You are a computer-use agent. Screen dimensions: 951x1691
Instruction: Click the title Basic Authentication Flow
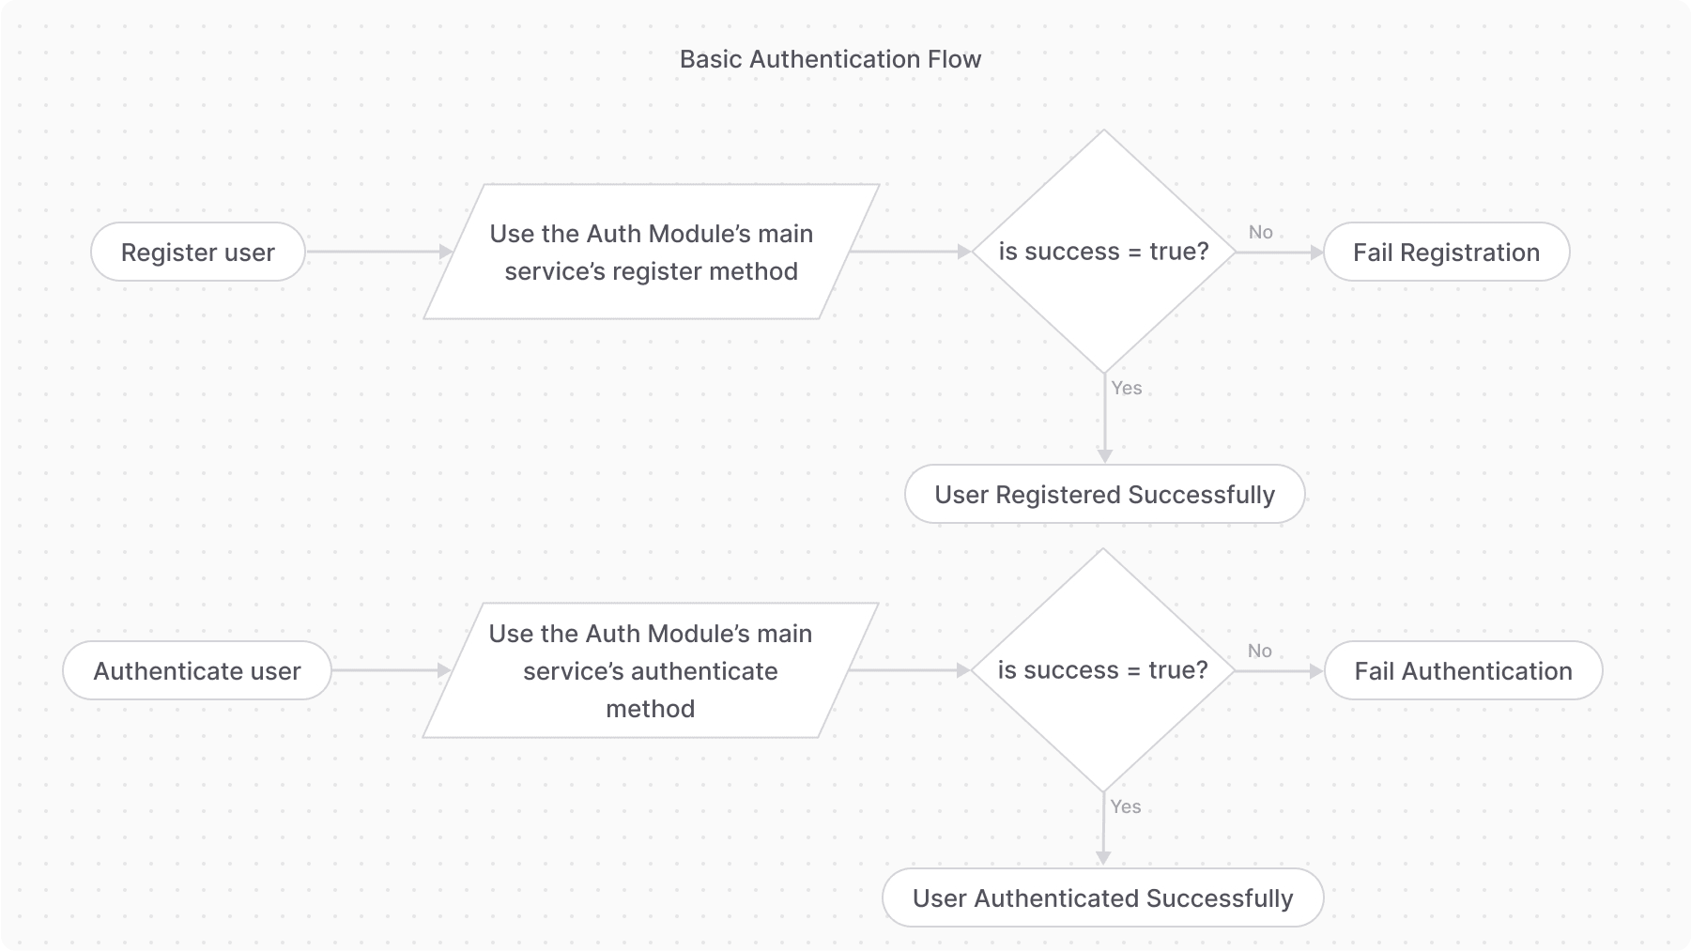830,59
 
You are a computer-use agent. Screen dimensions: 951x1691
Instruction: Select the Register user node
198,252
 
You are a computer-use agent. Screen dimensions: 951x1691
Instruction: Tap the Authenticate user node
197,670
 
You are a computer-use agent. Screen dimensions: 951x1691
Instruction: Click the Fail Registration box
1446,252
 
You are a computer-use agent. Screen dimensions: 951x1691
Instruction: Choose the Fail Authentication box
1463,670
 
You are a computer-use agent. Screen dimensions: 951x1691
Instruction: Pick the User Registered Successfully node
1104,494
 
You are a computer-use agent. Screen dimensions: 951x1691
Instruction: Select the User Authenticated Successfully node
1102,897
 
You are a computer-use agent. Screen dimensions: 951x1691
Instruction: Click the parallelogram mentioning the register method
651,252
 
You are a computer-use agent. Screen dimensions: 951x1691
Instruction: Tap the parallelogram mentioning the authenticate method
650,670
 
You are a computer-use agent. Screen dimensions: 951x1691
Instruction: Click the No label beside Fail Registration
1260,232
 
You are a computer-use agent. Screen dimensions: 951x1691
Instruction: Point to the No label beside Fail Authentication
1259,651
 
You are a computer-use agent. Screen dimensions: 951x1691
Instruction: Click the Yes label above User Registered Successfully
1126,388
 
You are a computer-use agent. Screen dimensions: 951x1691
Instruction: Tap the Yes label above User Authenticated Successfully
1125,806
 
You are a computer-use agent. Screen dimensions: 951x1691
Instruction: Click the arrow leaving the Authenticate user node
391,670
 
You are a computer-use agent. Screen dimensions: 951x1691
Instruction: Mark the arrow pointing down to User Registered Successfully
1104,422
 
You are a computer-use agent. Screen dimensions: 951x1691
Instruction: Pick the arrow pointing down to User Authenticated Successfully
1103,831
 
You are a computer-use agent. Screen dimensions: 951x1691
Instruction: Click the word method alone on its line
650,708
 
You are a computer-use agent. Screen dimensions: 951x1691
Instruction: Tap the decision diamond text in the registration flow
1103,252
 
